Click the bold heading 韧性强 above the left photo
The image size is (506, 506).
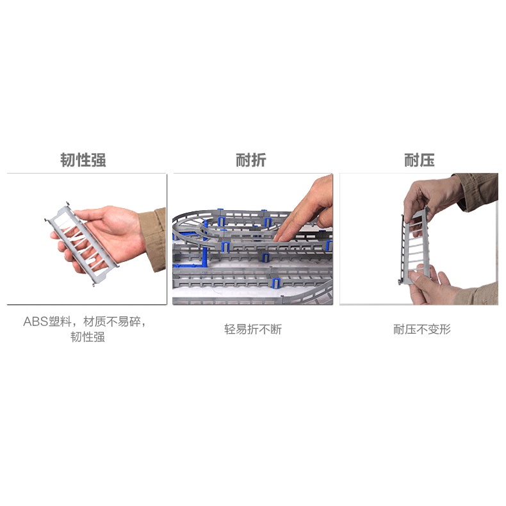coord(83,160)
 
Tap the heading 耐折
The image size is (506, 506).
coord(250,160)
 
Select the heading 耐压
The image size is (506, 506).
coord(419,160)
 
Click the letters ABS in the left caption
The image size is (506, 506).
coord(35,322)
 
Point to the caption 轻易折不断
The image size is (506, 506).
coord(253,329)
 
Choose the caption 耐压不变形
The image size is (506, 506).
coord(422,329)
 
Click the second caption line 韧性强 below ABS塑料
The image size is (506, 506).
coord(88,337)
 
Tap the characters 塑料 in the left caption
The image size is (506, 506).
coord(60,322)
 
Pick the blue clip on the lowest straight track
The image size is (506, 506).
coord(276,282)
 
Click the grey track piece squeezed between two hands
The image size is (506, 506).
coord(414,245)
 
